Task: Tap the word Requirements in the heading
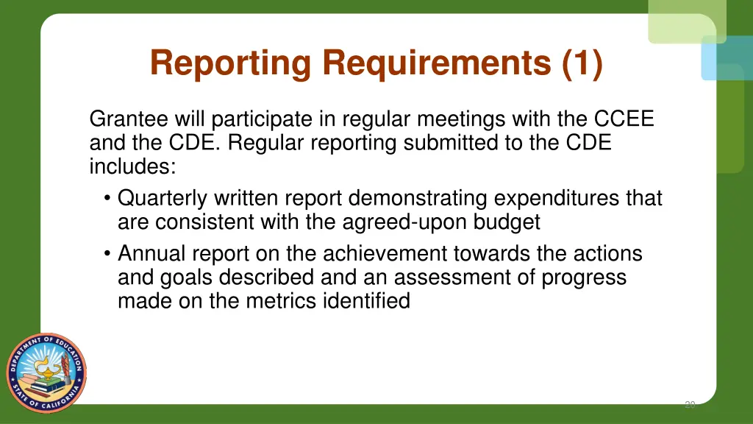pos(437,63)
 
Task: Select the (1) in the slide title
pos(582,63)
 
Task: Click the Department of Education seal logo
pos(46,368)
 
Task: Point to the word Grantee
pos(128,119)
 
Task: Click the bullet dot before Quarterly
pos(107,199)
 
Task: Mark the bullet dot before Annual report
pos(107,254)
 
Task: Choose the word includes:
pos(132,166)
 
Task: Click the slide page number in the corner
pos(689,404)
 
